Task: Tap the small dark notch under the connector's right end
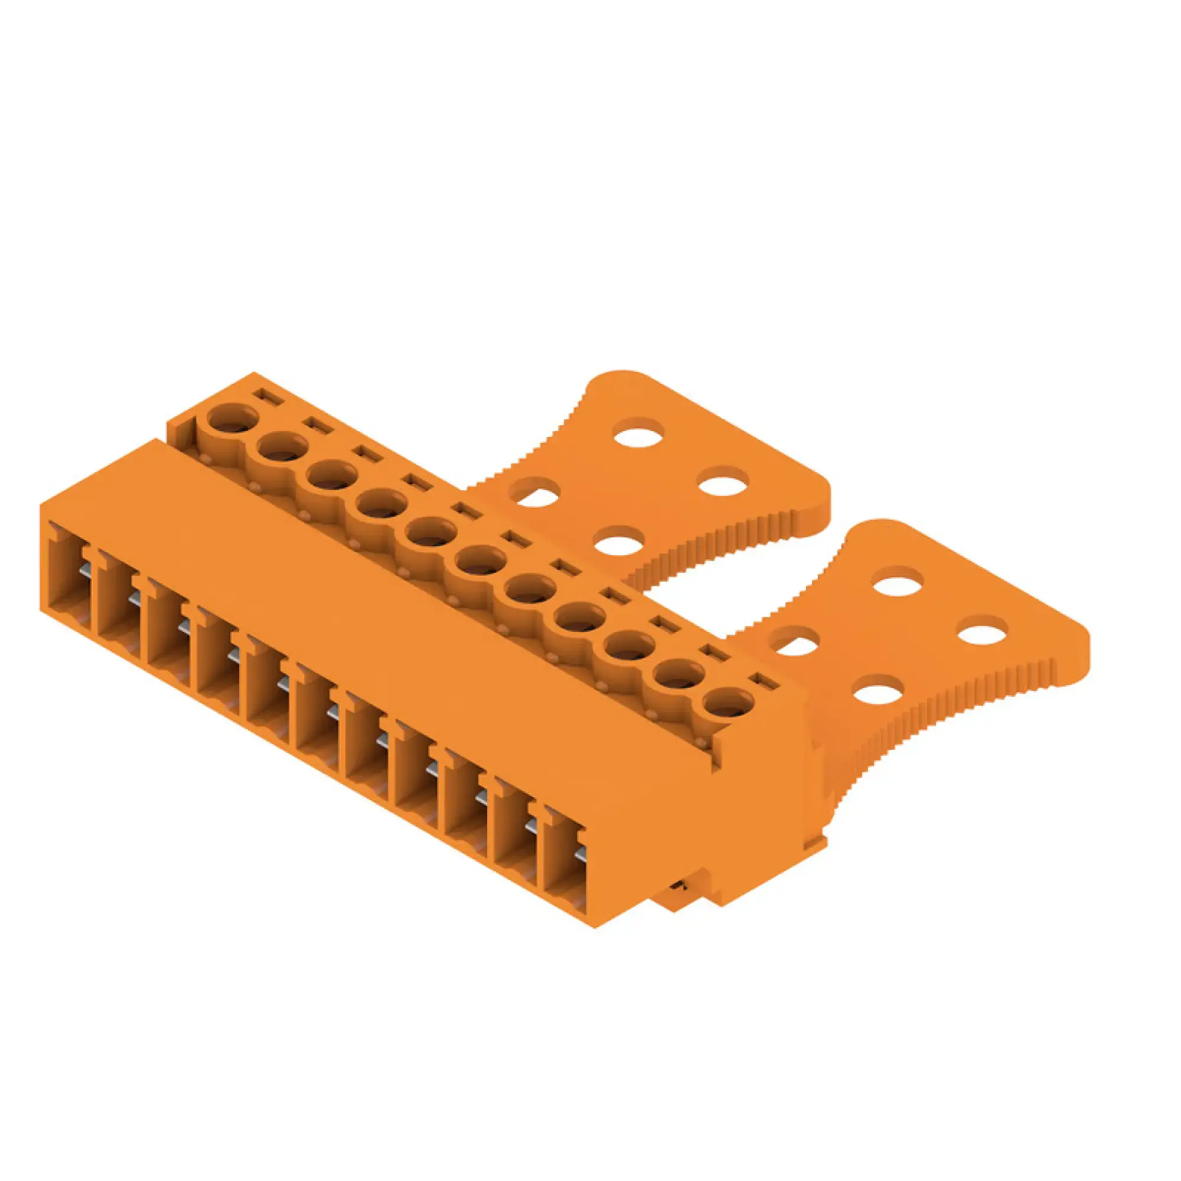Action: (677, 903)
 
